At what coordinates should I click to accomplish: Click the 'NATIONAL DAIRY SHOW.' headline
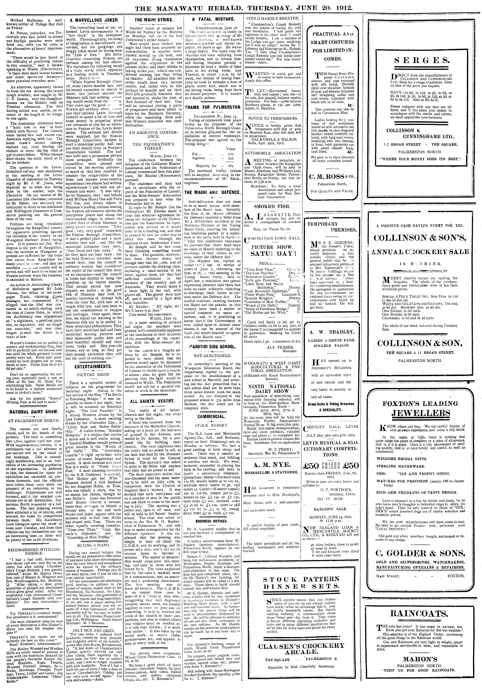(34, 412)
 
